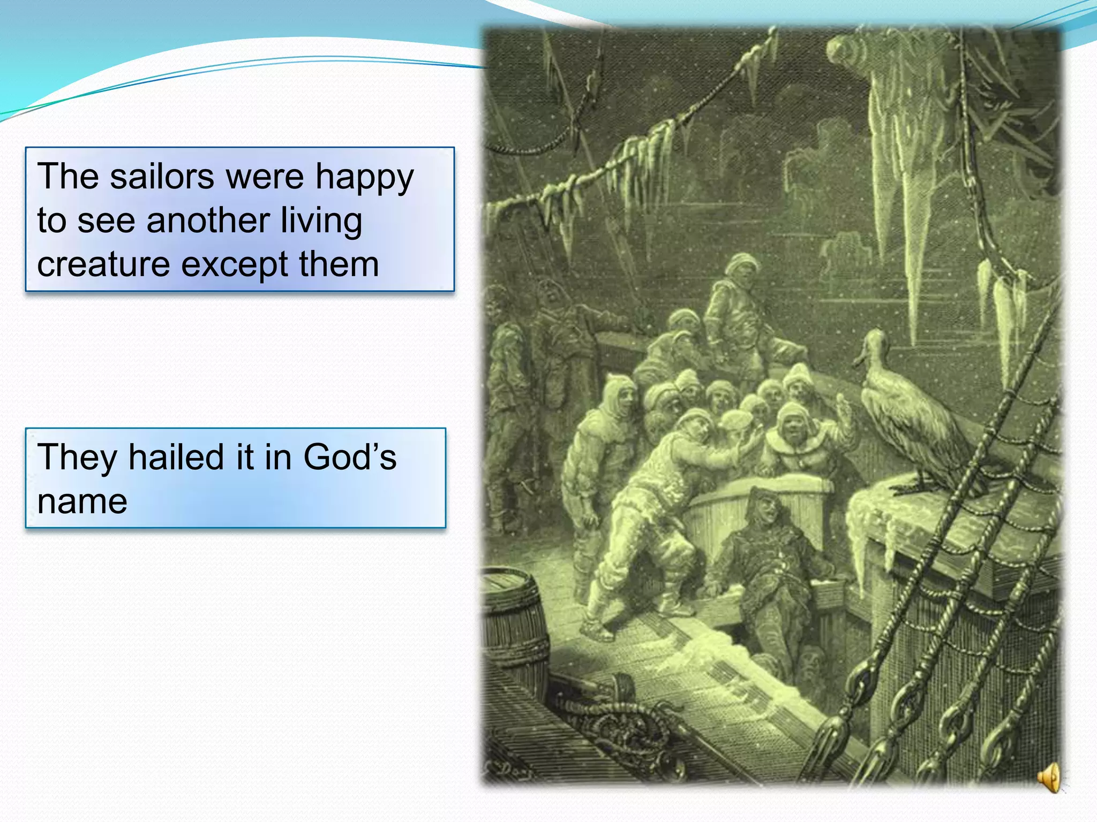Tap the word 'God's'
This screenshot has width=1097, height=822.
pyautogui.click(x=350, y=457)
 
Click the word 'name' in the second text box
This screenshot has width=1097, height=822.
pyautogui.click(x=82, y=502)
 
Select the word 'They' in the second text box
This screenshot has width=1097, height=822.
pyautogui.click(x=77, y=457)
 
